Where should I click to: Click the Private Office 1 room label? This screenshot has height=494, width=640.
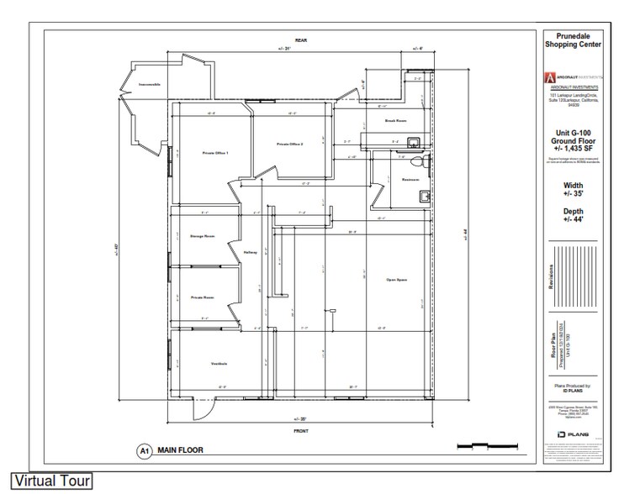pos(215,153)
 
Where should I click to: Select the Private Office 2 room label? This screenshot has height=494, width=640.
pos(289,145)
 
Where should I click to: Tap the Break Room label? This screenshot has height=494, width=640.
pos(396,122)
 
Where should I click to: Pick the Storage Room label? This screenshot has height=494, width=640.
pos(202,236)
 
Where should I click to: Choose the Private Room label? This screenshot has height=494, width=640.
pos(202,297)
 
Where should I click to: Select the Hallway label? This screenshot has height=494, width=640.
pos(250,252)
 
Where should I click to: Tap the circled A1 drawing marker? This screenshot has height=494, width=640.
pos(143,450)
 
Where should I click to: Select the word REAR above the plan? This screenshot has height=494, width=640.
pos(300,40)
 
